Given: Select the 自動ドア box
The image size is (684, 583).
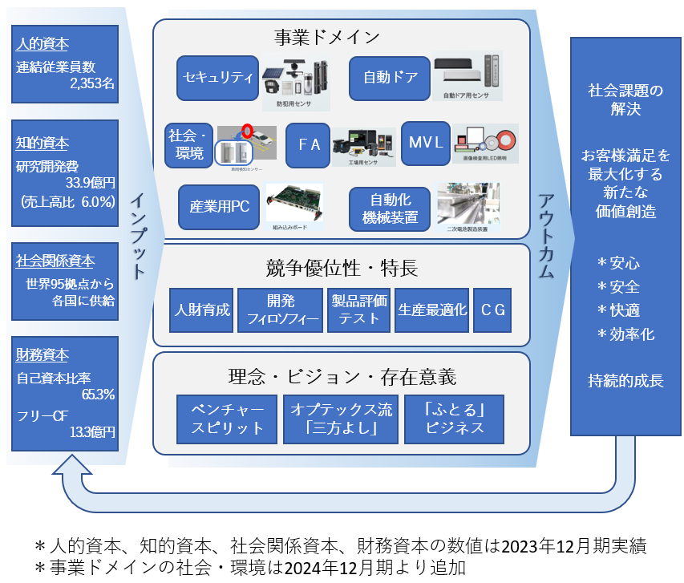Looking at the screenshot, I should point(391,78).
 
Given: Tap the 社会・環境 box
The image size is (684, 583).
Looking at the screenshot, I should point(187,144).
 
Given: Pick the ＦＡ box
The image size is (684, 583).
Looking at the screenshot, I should point(308,144).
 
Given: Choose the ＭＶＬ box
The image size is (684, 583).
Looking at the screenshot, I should point(425,144).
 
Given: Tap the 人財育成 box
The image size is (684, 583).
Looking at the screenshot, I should point(202,310).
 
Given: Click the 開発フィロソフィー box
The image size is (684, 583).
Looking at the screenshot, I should point(281,310).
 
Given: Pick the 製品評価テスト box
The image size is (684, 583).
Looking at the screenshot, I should point(359,310).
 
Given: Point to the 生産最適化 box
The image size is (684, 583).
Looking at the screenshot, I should point(432,310).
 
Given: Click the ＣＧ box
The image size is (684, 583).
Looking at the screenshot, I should point(492,310).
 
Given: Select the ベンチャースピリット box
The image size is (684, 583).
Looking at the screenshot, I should point(227,419).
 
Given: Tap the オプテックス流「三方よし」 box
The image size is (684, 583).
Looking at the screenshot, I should point(341,419).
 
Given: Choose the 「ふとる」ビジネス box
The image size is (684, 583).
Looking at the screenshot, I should point(454,419).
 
